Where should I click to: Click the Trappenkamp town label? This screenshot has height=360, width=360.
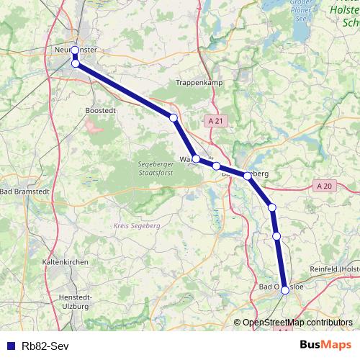[197, 84]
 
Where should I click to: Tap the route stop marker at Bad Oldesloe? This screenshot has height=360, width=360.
[285, 289]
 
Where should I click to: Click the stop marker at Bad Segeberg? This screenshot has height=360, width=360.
[248, 176]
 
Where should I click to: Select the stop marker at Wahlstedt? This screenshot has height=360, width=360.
[196, 158]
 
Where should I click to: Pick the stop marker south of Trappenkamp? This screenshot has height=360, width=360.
[174, 117]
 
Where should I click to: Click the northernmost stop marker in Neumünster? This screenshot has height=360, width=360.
[75, 50]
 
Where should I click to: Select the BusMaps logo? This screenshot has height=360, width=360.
[325, 344]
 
